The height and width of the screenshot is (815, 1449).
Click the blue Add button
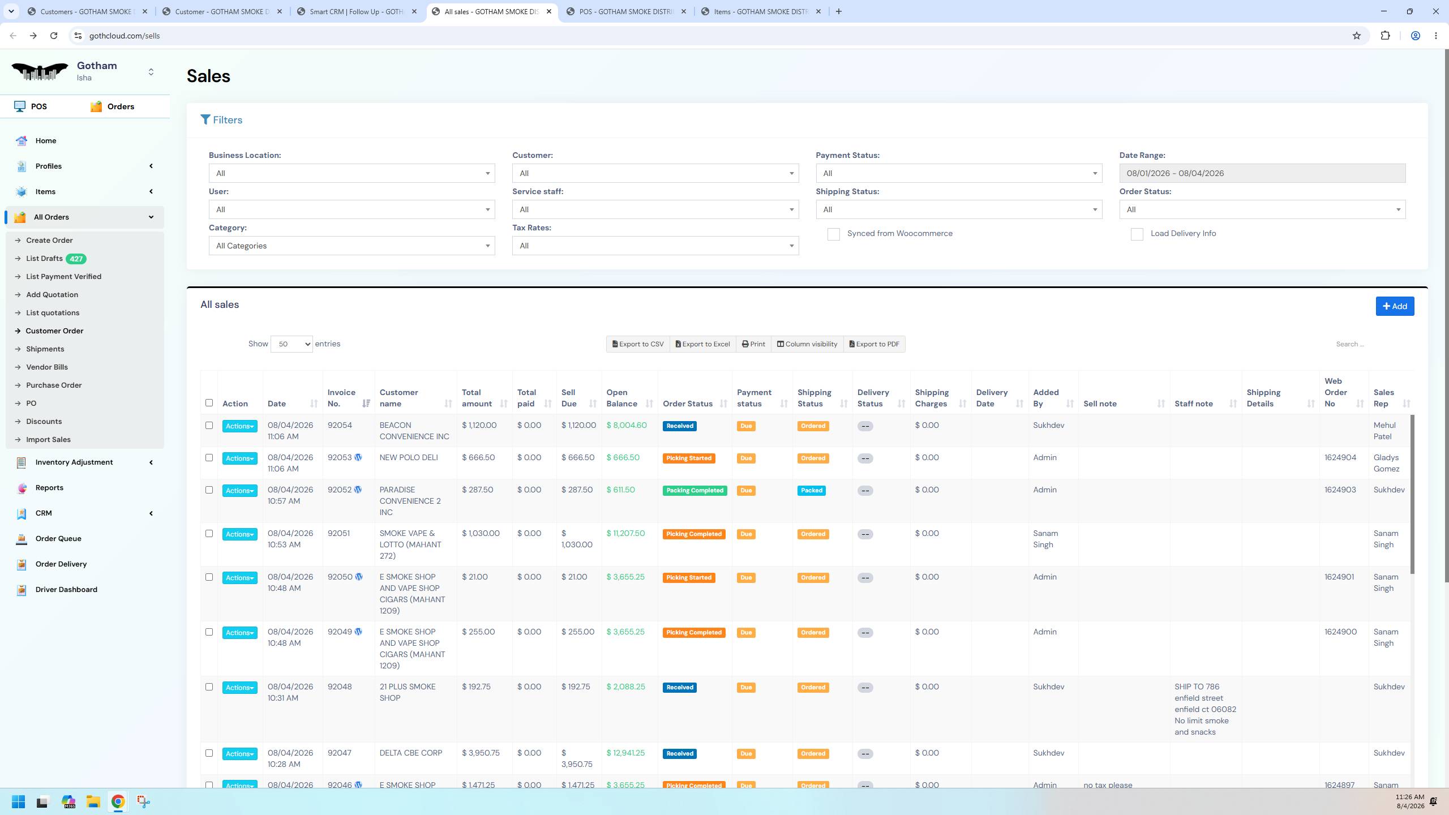pyautogui.click(x=1395, y=306)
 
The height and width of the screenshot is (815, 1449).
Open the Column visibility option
pyautogui.click(x=807, y=344)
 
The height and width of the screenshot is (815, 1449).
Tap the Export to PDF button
pyautogui.click(x=874, y=344)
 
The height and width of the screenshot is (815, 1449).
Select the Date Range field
pyautogui.click(x=1262, y=173)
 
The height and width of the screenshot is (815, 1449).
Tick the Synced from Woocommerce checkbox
pyautogui.click(x=834, y=234)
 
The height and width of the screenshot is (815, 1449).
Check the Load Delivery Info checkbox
pyautogui.click(x=1137, y=234)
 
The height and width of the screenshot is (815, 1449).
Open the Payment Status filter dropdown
pyautogui.click(x=959, y=173)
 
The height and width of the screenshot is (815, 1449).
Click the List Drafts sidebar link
pyautogui.click(x=44, y=259)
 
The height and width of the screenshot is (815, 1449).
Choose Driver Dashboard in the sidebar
pyautogui.click(x=66, y=589)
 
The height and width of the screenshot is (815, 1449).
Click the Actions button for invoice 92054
pyautogui.click(x=239, y=426)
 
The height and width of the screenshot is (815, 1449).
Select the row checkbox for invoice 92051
pyautogui.click(x=209, y=534)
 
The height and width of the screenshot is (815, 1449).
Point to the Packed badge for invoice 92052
pyautogui.click(x=812, y=491)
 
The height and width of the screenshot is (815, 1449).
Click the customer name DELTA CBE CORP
pyautogui.click(x=411, y=753)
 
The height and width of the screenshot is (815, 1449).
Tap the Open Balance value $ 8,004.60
pyautogui.click(x=627, y=425)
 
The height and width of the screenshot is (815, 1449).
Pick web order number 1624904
pyautogui.click(x=1340, y=457)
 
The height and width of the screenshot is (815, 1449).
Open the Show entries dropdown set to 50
pyautogui.click(x=291, y=344)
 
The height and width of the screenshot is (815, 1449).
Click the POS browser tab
pyautogui.click(x=626, y=11)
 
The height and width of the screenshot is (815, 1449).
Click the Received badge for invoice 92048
pyautogui.click(x=679, y=688)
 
